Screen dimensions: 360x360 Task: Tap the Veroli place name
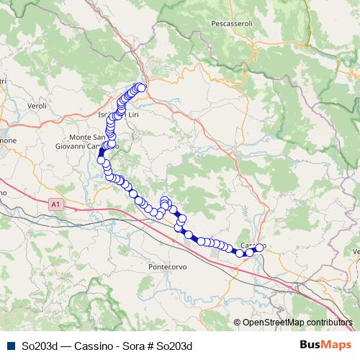37,106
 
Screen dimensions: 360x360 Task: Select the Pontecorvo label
168,266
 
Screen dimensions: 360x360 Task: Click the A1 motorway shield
56,205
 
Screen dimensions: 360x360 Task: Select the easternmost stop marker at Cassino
260,248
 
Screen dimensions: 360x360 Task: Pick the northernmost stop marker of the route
142,88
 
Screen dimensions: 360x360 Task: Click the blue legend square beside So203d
10,346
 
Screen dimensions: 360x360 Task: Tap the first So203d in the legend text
40,346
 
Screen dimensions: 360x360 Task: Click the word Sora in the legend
131,346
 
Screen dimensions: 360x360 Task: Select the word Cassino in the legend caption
91,346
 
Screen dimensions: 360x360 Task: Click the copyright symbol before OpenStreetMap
237,323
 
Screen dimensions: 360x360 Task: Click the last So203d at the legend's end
175,346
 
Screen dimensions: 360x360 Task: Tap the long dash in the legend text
65,346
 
